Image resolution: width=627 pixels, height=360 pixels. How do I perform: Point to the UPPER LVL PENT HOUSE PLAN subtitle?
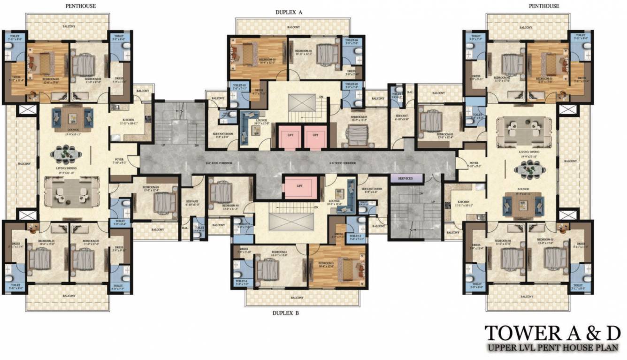click(553, 348)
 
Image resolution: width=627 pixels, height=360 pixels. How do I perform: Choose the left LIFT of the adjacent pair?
click(290, 136)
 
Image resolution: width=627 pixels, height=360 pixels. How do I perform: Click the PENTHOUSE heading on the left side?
click(81, 6)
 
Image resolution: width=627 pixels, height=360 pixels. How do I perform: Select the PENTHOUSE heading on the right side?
click(543, 6)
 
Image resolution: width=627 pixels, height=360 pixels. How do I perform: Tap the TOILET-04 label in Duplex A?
click(352, 41)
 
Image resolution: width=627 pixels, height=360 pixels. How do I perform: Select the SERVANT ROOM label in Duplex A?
click(224, 135)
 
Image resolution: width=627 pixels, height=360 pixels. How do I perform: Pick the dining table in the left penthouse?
click(65, 154)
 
